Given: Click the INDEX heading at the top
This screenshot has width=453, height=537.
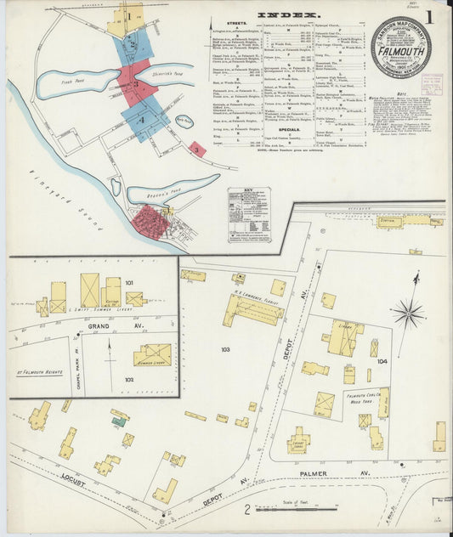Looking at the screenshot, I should (x=289, y=15).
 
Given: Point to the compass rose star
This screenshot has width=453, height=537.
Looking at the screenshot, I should (x=409, y=314).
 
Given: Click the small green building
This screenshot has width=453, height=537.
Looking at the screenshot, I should (x=120, y=421).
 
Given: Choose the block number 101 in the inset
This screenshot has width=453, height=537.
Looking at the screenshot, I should (x=129, y=282).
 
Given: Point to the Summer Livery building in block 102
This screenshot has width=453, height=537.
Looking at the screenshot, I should (x=152, y=354).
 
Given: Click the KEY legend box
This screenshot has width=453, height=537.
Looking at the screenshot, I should (x=249, y=214).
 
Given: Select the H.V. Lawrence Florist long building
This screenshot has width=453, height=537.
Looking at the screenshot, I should (x=253, y=311).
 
